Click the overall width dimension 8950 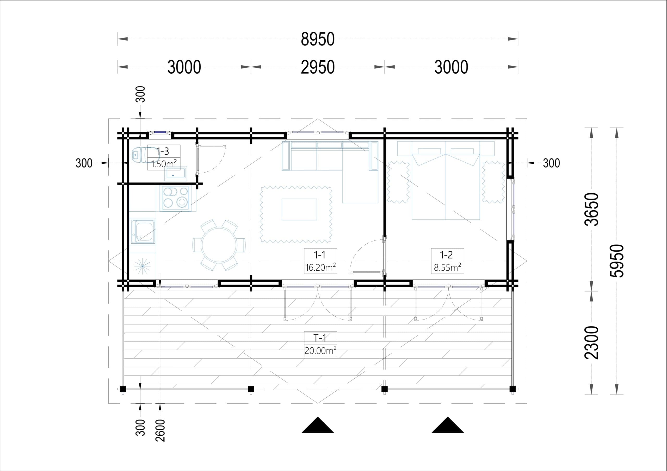pos(318,39)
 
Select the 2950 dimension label pos(318,67)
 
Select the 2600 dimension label pos(160,430)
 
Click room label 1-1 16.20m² pos(320,261)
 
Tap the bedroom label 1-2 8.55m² pos(447,261)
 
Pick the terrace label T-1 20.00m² pos(320,344)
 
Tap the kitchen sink pos(143,231)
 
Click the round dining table pos(219,245)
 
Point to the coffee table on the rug pos(299,209)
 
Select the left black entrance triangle pos(318,425)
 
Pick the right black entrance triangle pos(448,425)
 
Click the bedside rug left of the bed pos(398,182)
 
